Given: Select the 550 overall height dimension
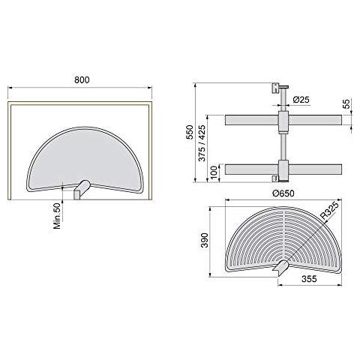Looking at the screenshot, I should click(x=190, y=132).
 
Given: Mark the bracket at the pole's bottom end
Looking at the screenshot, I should click(x=277, y=178).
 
